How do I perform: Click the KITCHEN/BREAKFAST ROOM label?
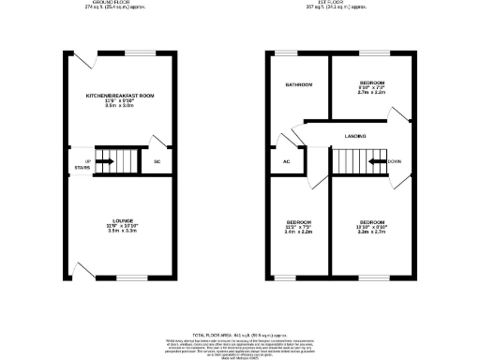pyautogui.click(x=120, y=96)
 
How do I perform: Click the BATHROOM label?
pyautogui.click(x=299, y=85)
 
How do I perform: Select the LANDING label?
pyautogui.click(x=354, y=137)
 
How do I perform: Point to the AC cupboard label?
pyautogui.click(x=288, y=161)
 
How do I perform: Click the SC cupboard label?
pyautogui.click(x=157, y=161)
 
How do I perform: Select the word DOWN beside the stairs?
pyautogui.click(x=395, y=161)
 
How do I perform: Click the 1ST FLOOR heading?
pyautogui.click(x=352, y=3)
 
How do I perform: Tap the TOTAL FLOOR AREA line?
pyautogui.click(x=239, y=334)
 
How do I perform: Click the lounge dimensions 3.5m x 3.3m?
pyautogui.click(x=120, y=231)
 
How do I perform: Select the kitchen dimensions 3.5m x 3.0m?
pyautogui.click(x=120, y=107)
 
